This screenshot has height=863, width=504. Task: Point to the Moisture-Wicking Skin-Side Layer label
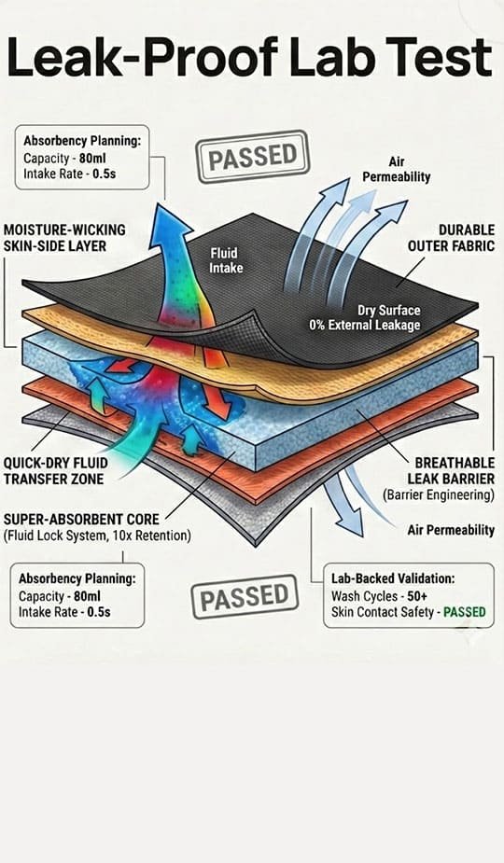tap(64, 238)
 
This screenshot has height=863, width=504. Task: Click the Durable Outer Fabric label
tap(452, 238)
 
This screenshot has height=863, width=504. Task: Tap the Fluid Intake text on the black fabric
tap(225, 260)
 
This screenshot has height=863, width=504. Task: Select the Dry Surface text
tap(389, 311)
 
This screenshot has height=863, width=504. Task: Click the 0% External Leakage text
tap(365, 326)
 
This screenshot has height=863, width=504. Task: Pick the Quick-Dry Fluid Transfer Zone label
tap(56, 470)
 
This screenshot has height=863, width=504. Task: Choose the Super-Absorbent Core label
tap(81, 519)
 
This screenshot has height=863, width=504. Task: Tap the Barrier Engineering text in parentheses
tap(439, 494)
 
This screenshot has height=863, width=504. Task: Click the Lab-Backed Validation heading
tap(393, 578)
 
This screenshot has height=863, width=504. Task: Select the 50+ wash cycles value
tap(417, 596)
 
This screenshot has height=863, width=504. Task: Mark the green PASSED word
tap(465, 612)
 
